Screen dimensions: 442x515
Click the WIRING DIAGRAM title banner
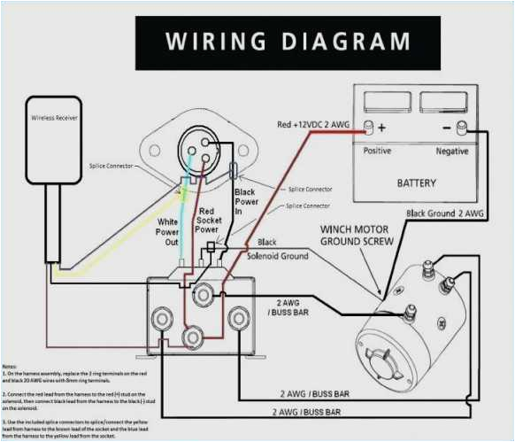[288, 43]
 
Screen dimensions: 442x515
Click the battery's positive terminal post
[368, 128]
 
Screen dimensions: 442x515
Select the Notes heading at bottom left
[10, 365]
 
